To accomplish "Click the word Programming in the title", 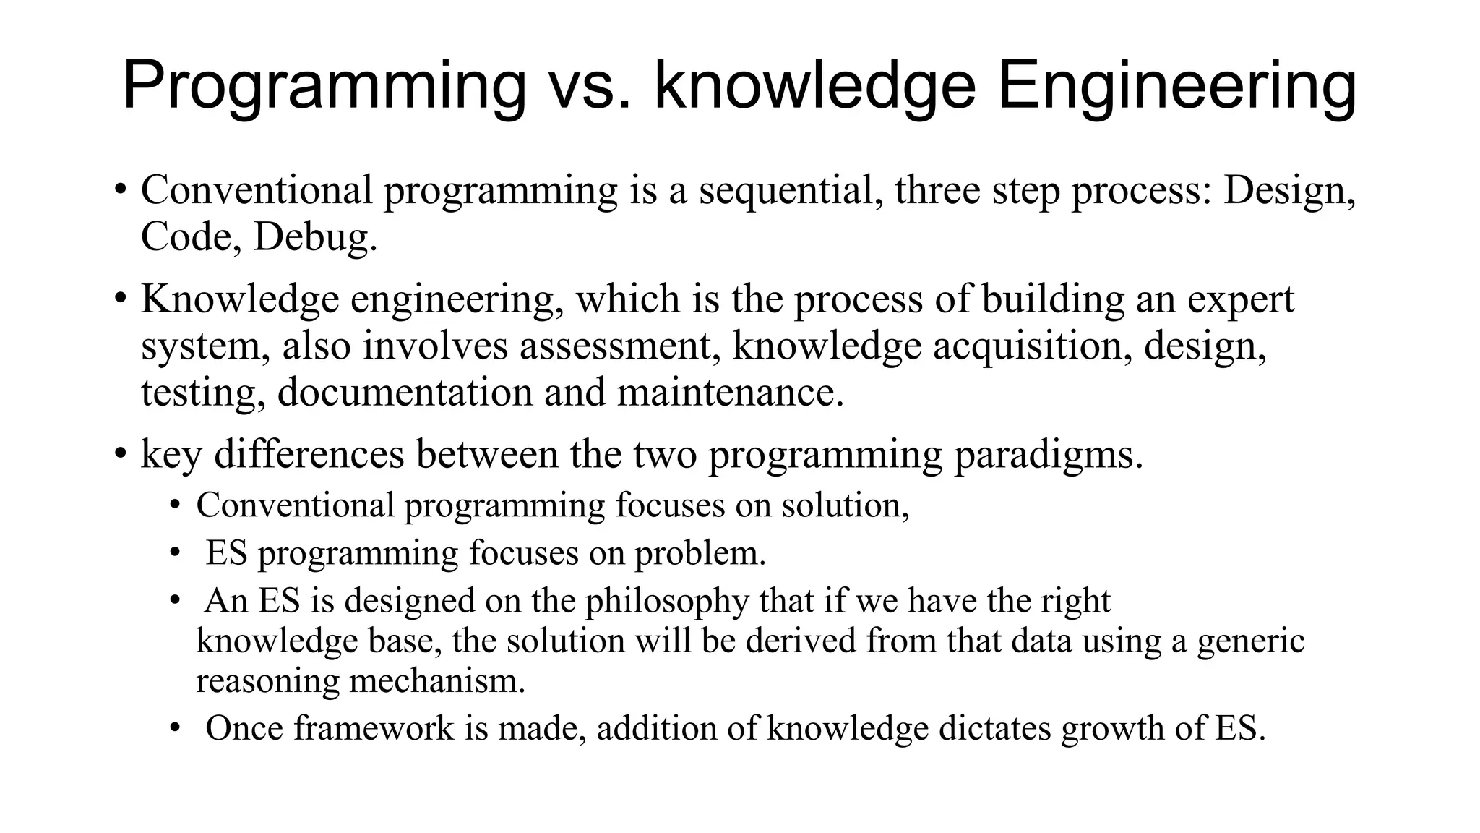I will point(324,87).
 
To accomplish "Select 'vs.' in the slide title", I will point(590,87).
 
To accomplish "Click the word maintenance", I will point(730,393).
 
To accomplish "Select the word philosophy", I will point(667,601).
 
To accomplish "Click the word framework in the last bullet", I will point(374,728).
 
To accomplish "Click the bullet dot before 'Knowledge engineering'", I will point(121,299).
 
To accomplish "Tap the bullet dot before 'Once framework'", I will point(175,728).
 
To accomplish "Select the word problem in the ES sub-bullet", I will point(700,554).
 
